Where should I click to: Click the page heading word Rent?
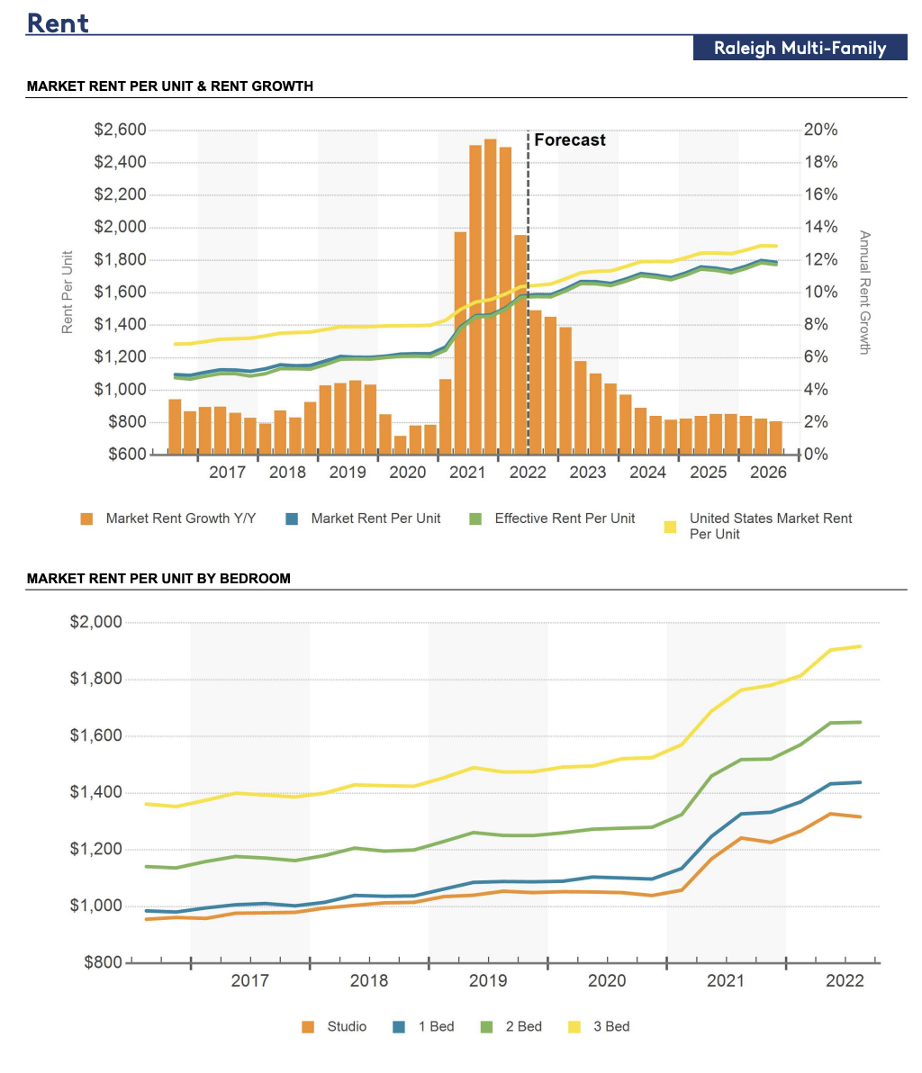(x=58, y=23)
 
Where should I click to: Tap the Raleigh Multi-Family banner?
(x=800, y=49)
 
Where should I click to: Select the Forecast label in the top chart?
(x=570, y=140)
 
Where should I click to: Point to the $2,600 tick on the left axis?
(x=120, y=130)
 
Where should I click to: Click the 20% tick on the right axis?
(x=820, y=130)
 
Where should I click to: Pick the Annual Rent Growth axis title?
(x=863, y=293)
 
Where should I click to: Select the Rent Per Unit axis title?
(x=68, y=293)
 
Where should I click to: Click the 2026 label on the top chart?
(x=768, y=472)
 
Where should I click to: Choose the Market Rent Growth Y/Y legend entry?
(x=180, y=518)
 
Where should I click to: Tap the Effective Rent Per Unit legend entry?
(x=564, y=518)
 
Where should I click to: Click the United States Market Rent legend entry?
(x=770, y=526)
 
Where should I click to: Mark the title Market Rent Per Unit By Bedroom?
(x=158, y=579)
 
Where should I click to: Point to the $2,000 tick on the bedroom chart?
(x=96, y=622)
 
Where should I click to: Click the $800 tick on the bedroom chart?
(x=103, y=962)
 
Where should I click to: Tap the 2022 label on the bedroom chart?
(x=845, y=981)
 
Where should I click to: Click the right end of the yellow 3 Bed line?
(x=860, y=646)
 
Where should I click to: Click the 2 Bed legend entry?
(x=523, y=1026)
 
